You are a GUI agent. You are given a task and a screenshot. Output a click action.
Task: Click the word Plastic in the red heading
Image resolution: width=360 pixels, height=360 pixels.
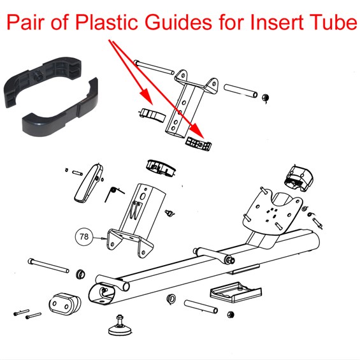click(x=106, y=22)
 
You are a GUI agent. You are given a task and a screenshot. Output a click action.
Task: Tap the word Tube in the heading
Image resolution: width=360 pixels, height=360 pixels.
click(x=335, y=22)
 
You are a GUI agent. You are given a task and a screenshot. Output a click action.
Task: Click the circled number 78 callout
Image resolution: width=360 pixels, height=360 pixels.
click(x=84, y=236)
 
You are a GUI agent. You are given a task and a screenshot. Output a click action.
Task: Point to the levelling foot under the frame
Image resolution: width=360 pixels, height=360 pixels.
click(x=119, y=326)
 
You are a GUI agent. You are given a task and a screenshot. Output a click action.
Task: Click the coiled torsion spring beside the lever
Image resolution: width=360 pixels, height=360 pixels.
click(x=113, y=194)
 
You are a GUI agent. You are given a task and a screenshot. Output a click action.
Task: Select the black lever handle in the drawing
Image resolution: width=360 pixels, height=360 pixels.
click(x=89, y=182)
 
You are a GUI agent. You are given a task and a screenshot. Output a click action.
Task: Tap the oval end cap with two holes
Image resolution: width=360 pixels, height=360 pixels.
click(x=64, y=303)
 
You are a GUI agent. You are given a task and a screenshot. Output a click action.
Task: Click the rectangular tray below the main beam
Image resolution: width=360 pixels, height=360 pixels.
click(x=236, y=292)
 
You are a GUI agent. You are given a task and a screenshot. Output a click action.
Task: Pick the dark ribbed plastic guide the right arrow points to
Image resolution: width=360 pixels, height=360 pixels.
click(x=198, y=144)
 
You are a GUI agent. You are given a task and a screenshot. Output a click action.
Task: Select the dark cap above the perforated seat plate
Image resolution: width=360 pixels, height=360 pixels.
click(x=298, y=178)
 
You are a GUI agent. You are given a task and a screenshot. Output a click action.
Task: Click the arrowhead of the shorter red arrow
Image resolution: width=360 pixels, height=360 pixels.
click(x=145, y=97)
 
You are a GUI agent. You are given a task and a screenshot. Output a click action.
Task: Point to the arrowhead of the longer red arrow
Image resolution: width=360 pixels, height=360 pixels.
click(x=198, y=131)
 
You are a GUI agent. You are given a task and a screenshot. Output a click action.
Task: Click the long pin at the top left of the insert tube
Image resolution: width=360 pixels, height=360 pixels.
click(x=154, y=67)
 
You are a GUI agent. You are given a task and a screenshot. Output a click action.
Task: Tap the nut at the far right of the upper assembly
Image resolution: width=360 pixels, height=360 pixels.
click(x=266, y=98)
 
